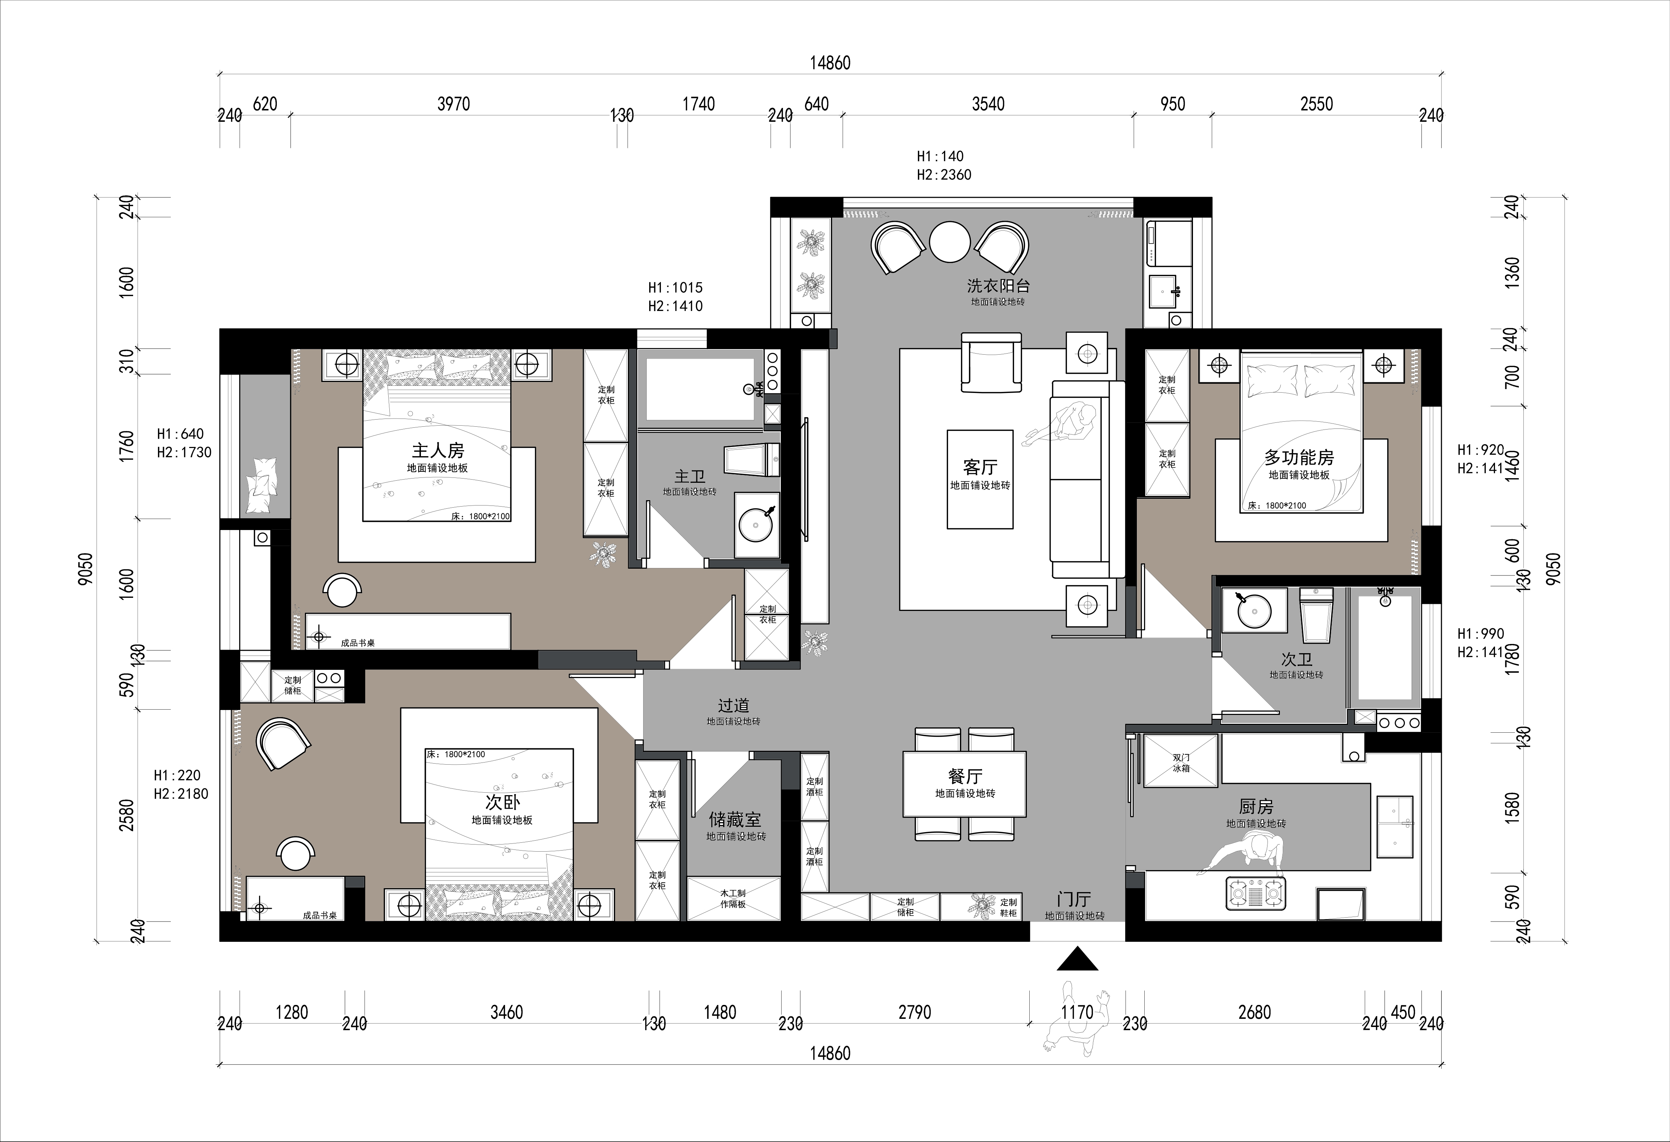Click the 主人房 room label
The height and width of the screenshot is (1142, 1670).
pyautogui.click(x=438, y=450)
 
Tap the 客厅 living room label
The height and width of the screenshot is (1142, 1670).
pyautogui.click(x=980, y=467)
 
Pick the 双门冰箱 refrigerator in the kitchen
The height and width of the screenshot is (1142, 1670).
pyautogui.click(x=1181, y=760)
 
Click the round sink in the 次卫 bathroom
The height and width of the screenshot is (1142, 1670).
pyautogui.click(x=1255, y=612)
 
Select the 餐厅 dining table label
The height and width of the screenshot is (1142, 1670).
pyautogui.click(x=965, y=776)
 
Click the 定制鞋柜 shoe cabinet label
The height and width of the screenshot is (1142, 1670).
pyautogui.click(x=1008, y=907)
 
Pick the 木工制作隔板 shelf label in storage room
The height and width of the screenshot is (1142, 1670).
pyautogui.click(x=733, y=898)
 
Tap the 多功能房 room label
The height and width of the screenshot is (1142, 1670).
pyautogui.click(x=1299, y=457)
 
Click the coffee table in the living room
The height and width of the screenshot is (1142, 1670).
pyautogui.click(x=980, y=479)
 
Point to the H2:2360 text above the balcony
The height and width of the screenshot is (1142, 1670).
pyautogui.click(x=944, y=175)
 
